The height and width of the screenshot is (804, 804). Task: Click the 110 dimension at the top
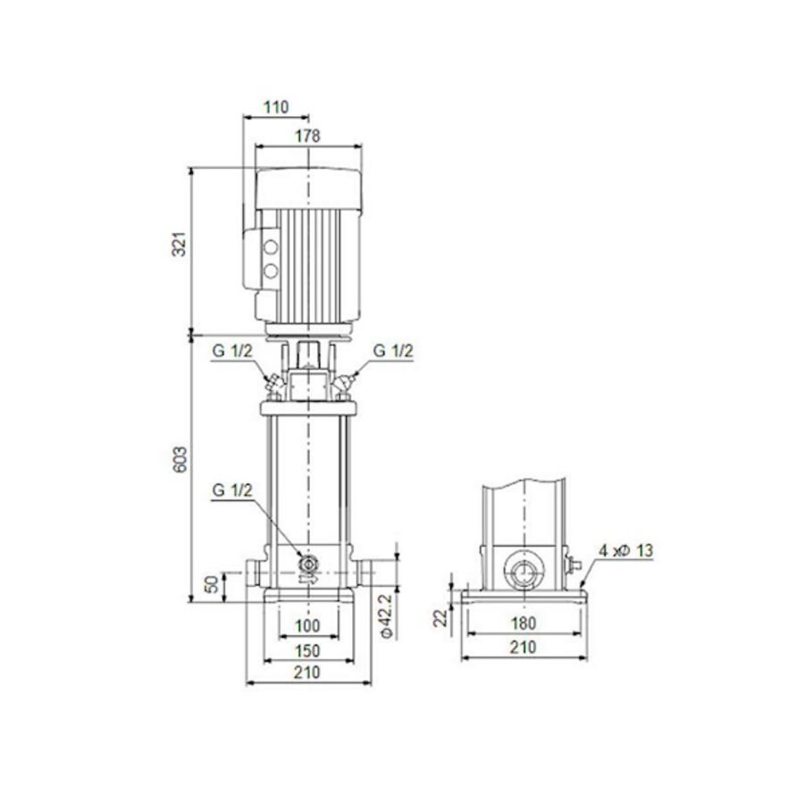point(276,107)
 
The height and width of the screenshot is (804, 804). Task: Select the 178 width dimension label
point(307,136)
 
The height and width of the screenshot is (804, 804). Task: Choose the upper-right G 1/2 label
point(393,351)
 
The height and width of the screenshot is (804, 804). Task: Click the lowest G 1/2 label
point(232,490)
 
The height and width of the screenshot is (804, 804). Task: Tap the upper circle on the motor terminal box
point(271,244)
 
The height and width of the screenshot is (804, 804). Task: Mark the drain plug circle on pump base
point(309,564)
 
